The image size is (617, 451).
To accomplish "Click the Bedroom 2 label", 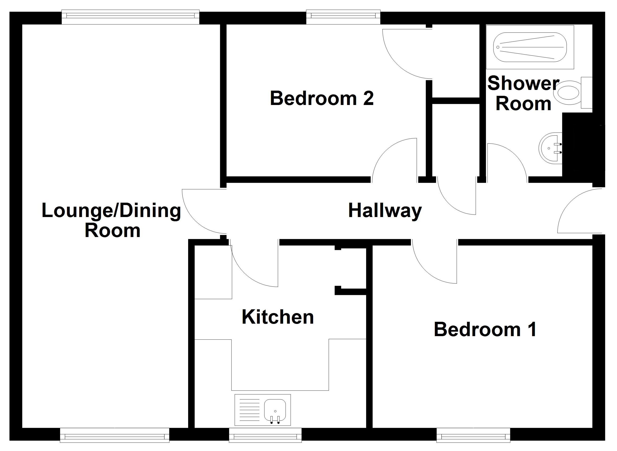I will click(x=322, y=99).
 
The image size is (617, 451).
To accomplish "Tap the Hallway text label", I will click(x=385, y=211).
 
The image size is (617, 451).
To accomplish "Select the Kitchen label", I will click(x=278, y=317).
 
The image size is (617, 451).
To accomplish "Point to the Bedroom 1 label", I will click(x=485, y=330).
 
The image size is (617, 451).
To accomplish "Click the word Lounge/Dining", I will click(x=111, y=211).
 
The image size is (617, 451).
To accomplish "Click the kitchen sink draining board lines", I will click(x=249, y=410).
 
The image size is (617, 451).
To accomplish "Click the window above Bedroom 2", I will click(x=343, y=17).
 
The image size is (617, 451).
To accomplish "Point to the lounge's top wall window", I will click(x=130, y=17).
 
